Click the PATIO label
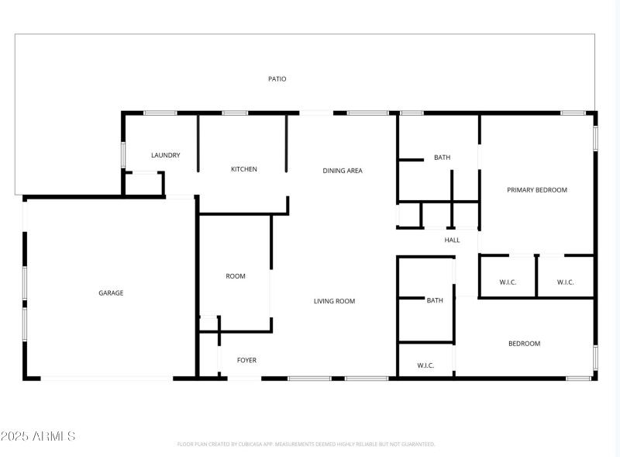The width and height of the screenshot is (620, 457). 277,79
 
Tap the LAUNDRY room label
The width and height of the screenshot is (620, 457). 165,155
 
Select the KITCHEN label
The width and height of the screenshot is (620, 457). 243,169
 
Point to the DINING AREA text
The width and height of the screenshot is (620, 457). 343,171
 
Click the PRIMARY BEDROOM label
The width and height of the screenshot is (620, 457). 537,190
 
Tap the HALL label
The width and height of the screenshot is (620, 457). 452,241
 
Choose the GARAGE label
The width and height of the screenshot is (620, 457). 111,293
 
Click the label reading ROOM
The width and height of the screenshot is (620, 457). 236,276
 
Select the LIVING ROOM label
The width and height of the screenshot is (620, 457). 334,301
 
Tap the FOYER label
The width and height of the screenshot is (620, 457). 246,360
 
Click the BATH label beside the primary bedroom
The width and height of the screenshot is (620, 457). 442,158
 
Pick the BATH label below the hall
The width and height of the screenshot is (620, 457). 435,300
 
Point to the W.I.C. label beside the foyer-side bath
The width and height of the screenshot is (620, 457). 425,365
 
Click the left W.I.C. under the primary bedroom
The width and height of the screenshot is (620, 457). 508,282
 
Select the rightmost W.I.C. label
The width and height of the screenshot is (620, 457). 565,282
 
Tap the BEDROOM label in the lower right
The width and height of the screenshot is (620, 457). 524,344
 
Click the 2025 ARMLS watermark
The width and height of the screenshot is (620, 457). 38,437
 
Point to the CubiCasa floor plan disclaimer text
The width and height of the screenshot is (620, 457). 306,445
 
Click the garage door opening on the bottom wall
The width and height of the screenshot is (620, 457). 107,379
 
